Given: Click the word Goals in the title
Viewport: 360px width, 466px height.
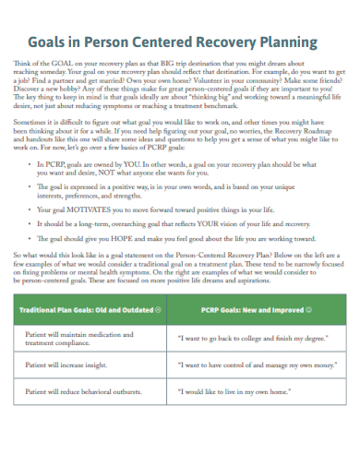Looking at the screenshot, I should [51, 42].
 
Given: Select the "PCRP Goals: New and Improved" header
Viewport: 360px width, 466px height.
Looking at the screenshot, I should [249, 310].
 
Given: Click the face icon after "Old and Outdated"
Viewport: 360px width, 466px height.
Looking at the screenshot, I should [160, 310].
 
